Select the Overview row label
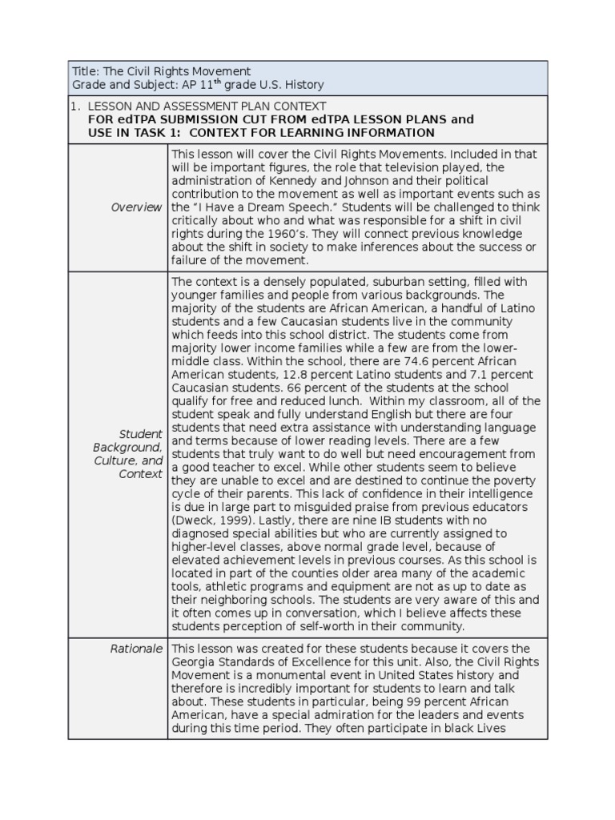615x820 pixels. (136, 207)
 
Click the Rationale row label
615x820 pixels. (136, 648)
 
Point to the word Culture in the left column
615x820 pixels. (116, 460)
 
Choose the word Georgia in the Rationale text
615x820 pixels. (194, 661)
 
